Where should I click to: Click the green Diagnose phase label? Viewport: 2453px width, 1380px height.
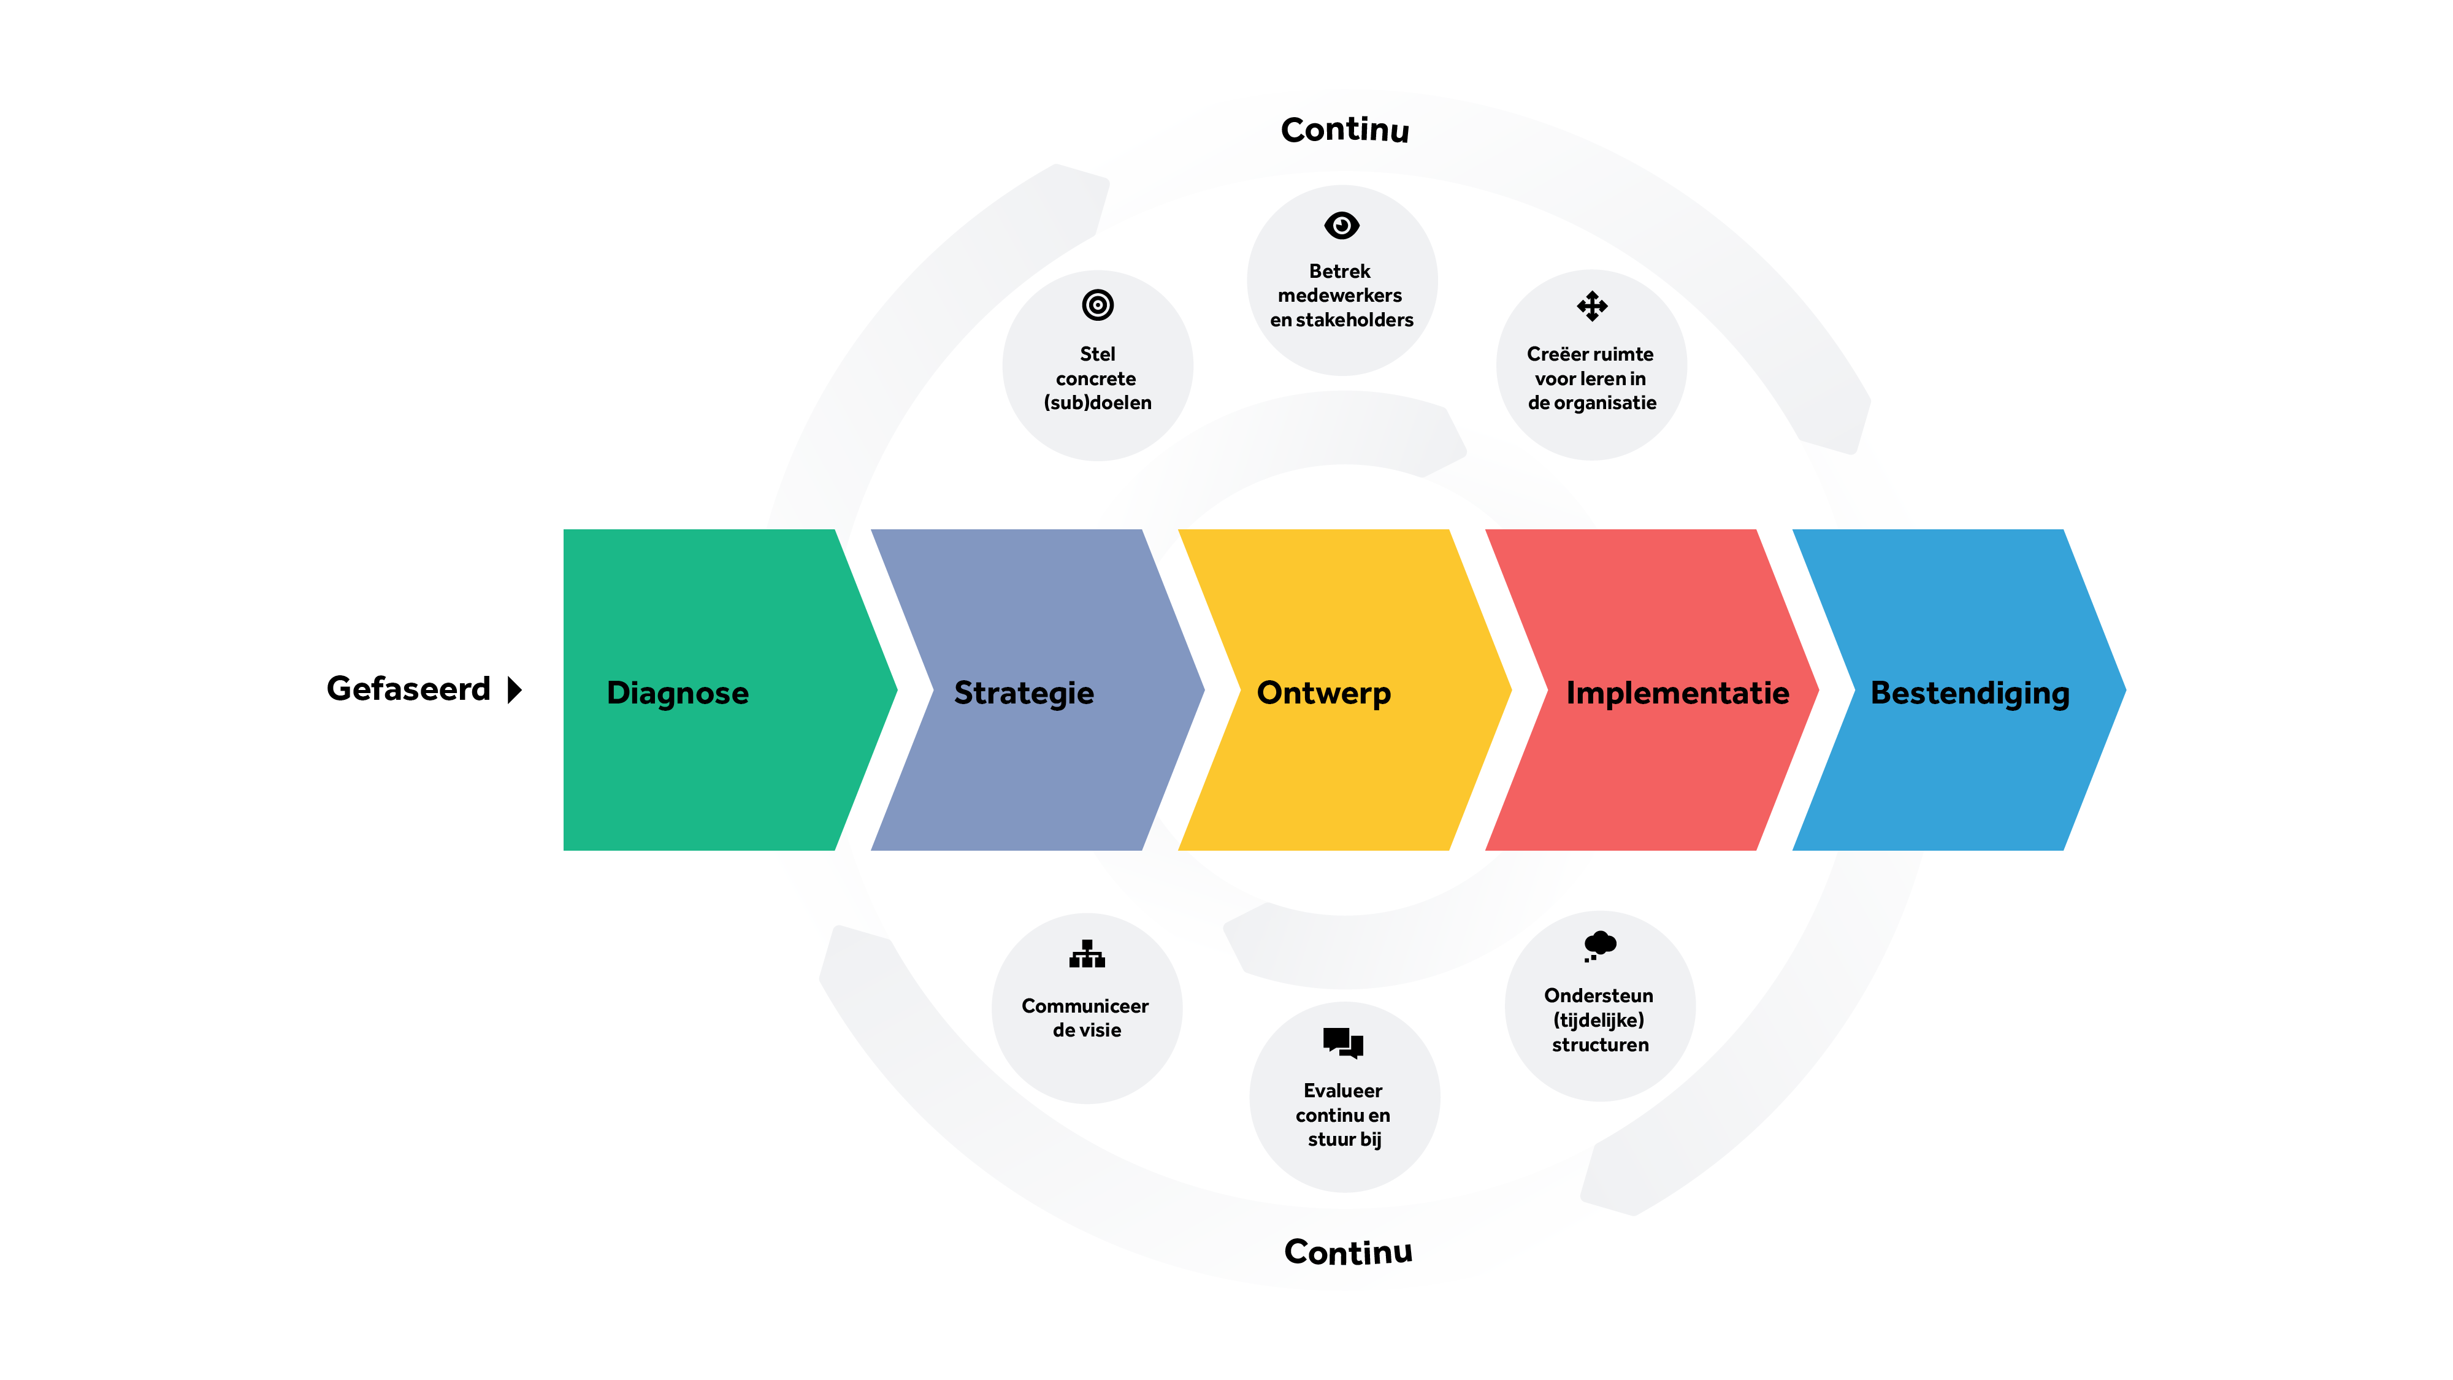677,693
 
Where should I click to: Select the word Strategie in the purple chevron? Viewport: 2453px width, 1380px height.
1024,693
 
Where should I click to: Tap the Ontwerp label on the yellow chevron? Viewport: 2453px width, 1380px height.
1323,693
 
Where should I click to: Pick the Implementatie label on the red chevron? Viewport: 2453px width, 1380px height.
1677,692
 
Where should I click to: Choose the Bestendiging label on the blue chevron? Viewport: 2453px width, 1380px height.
1970,693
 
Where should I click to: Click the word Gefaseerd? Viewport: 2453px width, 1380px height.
408,689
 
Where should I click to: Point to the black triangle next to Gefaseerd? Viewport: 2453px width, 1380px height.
515,689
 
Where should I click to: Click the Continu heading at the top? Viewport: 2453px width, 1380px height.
1345,129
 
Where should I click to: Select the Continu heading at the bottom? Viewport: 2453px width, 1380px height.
1349,1251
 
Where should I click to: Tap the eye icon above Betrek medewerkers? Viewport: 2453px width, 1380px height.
1342,226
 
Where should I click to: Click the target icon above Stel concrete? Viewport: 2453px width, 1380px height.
1098,305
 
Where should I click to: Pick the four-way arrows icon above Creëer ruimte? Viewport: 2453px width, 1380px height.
1592,305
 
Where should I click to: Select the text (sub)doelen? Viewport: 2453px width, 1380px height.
1098,403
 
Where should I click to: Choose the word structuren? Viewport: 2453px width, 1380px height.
1600,1045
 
